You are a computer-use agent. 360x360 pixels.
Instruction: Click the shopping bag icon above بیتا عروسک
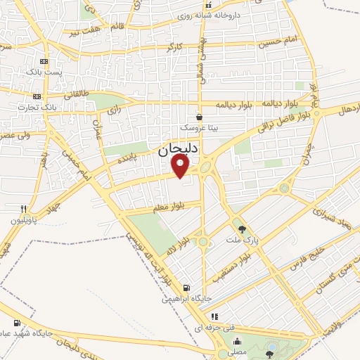200,117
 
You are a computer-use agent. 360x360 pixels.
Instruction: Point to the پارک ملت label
243,240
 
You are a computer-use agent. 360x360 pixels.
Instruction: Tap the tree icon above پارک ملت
243,229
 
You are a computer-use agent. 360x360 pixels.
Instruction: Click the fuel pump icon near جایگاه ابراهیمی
186,286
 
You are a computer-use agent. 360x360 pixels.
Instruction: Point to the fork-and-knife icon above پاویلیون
23,209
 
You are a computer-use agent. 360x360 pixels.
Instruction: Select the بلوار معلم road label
167,208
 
